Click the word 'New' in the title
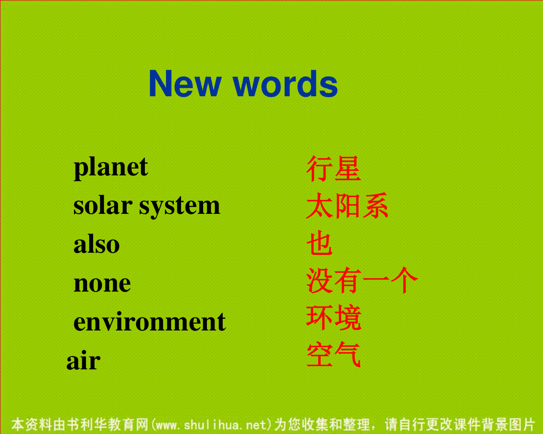(185, 84)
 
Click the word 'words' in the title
(285, 84)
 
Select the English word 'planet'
(110, 168)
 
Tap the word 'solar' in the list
(103, 206)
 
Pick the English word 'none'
(102, 284)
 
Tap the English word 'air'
(83, 360)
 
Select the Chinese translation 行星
(333, 169)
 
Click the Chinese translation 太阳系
(347, 206)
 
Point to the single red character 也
(319, 243)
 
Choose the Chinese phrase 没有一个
(362, 280)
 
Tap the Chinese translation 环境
(333, 317)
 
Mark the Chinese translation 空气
(333, 354)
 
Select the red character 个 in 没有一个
(404, 280)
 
